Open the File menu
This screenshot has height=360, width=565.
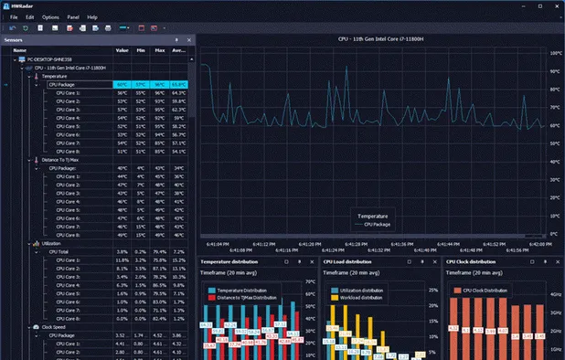14,17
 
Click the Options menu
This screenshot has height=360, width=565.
50,17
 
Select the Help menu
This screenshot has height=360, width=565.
92,17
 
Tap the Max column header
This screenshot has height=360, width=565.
159,50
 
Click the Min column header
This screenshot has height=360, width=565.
141,50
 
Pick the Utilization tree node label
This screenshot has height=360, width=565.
52,243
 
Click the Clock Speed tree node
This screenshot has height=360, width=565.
54,327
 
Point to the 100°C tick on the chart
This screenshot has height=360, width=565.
555,53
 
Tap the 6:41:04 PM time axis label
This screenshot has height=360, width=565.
218,244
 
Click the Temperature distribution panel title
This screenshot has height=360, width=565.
231,261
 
